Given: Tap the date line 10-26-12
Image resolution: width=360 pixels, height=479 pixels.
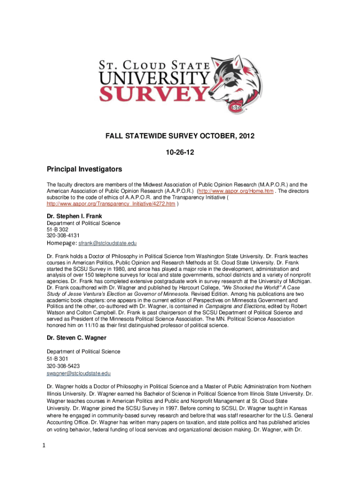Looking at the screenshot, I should point(180,152).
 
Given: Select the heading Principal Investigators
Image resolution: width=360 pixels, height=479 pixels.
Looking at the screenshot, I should point(84,168).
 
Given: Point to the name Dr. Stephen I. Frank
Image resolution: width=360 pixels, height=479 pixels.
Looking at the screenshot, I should point(74,216).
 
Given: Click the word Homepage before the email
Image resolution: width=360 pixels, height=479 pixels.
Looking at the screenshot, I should point(61,243).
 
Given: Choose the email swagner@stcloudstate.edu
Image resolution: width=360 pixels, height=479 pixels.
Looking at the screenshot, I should point(79,373).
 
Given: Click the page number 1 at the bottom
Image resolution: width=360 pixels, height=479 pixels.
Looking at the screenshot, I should point(29,445).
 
